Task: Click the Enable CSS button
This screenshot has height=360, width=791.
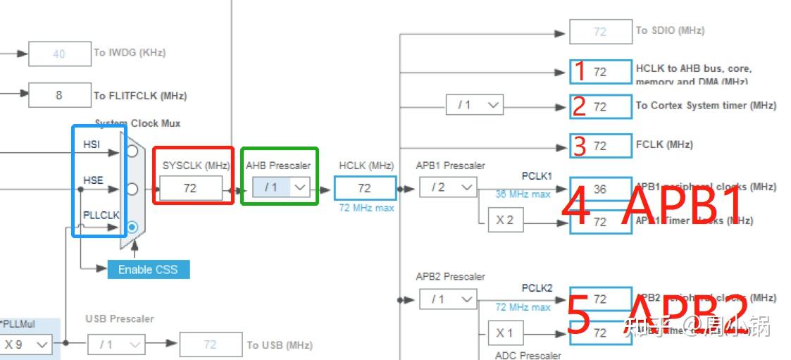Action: click(x=148, y=269)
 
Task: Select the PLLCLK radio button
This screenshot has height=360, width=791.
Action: click(x=132, y=227)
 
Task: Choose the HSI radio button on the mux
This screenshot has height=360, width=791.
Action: click(x=132, y=150)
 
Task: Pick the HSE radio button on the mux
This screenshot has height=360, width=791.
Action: click(x=132, y=188)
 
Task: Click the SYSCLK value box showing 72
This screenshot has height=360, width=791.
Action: click(x=190, y=188)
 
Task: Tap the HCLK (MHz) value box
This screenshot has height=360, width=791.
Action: click(x=364, y=188)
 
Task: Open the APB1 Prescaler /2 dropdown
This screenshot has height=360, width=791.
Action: click(x=448, y=187)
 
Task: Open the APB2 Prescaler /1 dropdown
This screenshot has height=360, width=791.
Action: click(x=448, y=299)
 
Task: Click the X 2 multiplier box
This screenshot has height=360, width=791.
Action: click(x=504, y=220)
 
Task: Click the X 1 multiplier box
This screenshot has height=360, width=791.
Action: click(x=504, y=333)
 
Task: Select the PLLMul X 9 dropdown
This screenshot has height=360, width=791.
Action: click(x=26, y=345)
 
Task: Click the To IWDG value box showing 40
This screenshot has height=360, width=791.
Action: click(x=59, y=54)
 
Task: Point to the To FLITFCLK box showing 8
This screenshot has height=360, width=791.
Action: click(x=59, y=95)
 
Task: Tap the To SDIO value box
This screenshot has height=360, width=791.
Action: click(x=600, y=32)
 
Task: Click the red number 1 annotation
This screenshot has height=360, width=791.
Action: click(x=580, y=71)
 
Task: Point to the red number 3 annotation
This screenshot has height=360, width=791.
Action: click(x=580, y=146)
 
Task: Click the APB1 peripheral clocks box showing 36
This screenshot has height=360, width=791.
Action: click(x=600, y=188)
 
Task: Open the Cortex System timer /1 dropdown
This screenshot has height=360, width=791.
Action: click(x=474, y=105)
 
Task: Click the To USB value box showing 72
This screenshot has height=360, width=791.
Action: click(x=210, y=345)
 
